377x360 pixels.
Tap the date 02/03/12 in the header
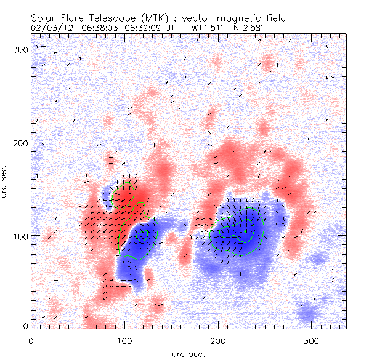click(x=46, y=28)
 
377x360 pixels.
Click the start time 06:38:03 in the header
click(x=91, y=28)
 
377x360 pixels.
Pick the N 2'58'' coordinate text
click(x=253, y=28)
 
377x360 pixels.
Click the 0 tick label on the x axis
click(x=31, y=340)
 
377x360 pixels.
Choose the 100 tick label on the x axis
click(x=124, y=340)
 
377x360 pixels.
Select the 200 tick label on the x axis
click(x=218, y=340)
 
